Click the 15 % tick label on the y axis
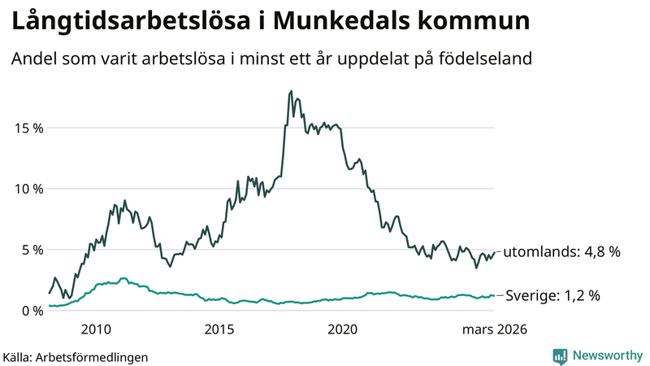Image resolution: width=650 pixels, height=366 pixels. pyautogui.click(x=28, y=128)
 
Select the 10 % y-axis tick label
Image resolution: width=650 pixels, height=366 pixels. pyautogui.click(x=28, y=189)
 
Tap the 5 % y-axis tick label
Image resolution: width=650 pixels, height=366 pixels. pyautogui.click(x=31, y=250)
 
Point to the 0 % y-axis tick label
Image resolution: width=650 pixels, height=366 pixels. pyautogui.click(x=31, y=311)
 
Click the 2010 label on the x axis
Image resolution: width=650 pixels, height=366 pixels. pyautogui.click(x=96, y=329)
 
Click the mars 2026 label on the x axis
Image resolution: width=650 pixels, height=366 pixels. pyautogui.click(x=495, y=329)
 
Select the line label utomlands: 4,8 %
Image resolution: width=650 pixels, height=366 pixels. pyautogui.click(x=561, y=252)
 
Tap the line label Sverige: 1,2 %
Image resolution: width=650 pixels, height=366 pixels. pyautogui.click(x=552, y=296)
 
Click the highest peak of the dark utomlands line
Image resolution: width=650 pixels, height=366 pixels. pyautogui.click(x=292, y=92)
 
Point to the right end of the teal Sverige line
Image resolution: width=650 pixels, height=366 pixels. pyautogui.click(x=494, y=296)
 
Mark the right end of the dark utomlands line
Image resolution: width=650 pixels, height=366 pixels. pyautogui.click(x=494, y=252)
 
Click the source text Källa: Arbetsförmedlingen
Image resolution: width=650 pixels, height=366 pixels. pyautogui.click(x=76, y=356)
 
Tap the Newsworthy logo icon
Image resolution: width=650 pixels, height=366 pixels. pyautogui.click(x=560, y=355)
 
